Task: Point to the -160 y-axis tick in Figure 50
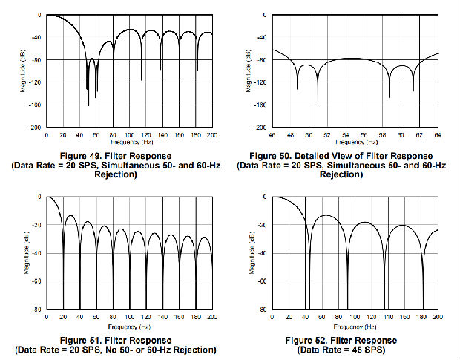click(x=260, y=105)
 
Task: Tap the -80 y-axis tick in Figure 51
click(x=37, y=309)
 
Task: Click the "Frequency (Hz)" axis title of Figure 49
click(x=129, y=141)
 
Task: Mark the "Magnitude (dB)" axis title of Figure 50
click(x=248, y=70)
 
